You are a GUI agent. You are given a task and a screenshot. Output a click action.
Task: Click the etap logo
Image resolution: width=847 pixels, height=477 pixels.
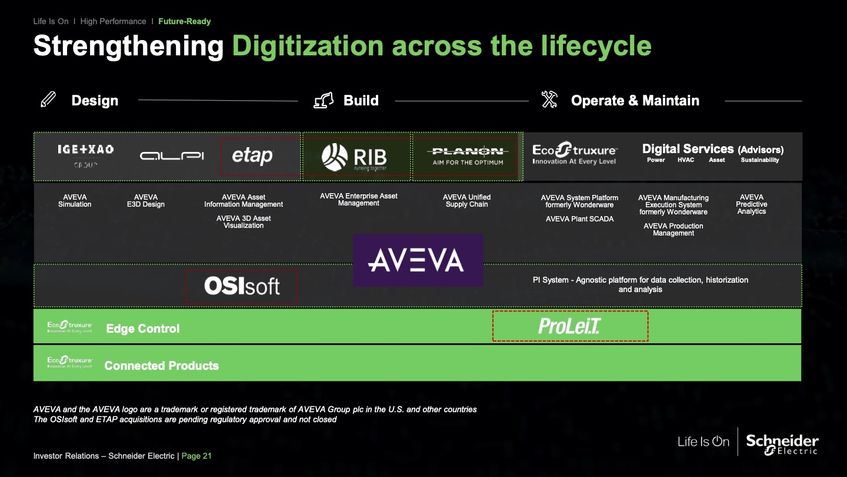tap(252, 156)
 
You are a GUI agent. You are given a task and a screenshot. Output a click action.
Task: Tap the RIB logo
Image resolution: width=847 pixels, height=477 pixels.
tap(354, 157)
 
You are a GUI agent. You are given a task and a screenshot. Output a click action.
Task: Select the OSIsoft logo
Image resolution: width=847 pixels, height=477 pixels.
tap(242, 286)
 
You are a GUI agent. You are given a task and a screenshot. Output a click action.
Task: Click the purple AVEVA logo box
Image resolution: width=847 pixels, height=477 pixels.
tap(418, 260)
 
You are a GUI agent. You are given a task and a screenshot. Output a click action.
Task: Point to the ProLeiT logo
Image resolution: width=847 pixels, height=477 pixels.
tap(569, 326)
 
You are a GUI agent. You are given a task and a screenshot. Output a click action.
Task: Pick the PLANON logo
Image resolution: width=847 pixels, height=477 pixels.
tap(468, 155)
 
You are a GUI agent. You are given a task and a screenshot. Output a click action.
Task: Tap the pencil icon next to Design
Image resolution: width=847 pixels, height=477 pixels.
tap(48, 100)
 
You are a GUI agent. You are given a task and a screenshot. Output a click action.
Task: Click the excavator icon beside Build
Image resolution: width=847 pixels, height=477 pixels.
tap(324, 100)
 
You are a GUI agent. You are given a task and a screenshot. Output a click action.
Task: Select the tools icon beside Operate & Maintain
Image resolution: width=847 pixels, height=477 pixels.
tap(549, 100)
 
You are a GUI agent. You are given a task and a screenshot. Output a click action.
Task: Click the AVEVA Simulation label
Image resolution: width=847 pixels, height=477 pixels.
tap(75, 201)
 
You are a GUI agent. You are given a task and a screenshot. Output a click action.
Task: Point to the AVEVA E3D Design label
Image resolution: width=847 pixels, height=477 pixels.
tap(146, 201)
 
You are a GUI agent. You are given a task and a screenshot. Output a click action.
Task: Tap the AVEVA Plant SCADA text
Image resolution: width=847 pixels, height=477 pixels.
tap(579, 219)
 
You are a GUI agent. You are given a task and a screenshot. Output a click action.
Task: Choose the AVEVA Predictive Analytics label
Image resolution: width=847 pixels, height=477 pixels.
tap(751, 204)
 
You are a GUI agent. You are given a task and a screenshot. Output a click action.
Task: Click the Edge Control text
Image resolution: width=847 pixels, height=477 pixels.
tap(143, 329)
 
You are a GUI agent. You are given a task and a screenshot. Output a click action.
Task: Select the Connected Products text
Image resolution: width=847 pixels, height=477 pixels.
tap(161, 366)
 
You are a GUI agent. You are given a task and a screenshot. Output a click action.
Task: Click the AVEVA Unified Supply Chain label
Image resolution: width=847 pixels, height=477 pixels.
tap(466, 201)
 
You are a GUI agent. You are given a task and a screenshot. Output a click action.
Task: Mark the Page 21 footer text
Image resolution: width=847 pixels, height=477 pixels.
tap(196, 456)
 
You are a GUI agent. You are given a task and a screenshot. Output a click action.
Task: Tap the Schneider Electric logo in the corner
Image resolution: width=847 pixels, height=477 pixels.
tap(782, 443)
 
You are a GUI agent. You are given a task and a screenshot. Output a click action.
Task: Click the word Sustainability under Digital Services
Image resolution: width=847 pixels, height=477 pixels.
tap(759, 160)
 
